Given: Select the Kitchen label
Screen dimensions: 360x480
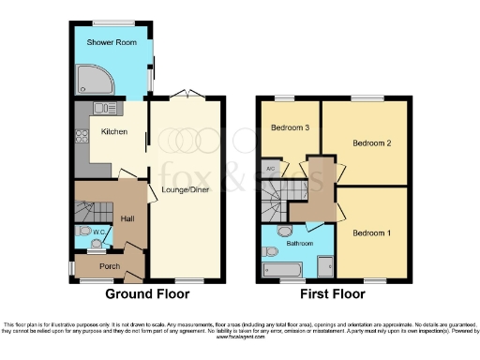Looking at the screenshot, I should [114, 132].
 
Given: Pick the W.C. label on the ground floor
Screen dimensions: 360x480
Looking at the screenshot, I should [98, 231].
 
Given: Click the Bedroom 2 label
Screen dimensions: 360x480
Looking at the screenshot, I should [371, 143].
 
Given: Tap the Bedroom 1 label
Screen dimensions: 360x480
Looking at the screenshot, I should [371, 232].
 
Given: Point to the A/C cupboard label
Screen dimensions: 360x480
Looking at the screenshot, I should [271, 169].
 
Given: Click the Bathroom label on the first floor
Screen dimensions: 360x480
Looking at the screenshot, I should [300, 244].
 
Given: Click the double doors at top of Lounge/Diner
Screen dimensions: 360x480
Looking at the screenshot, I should [187, 94].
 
